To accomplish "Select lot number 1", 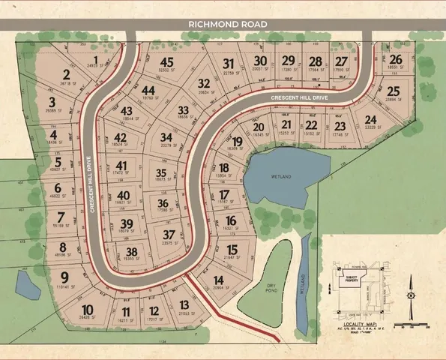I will click(96, 60).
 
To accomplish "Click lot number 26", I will click(396, 59).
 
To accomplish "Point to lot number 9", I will click(64, 276).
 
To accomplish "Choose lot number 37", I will click(169, 235).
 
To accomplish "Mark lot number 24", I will click(370, 119).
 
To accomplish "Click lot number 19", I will click(237, 141).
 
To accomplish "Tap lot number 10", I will click(88, 309).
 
